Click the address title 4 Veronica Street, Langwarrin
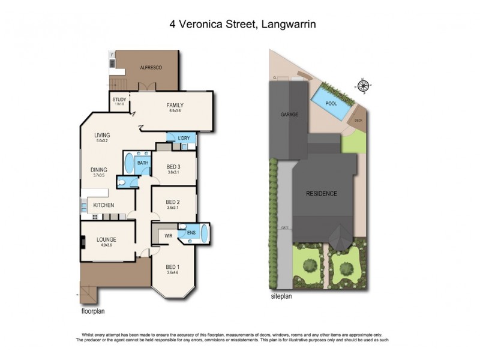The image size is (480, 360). (x=240, y=25)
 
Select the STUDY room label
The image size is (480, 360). (x=119, y=100)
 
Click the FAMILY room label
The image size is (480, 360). (x=175, y=106)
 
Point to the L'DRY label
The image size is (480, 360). (x=184, y=139)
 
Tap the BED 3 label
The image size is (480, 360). (x=173, y=167)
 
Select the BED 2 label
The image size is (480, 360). (x=173, y=202)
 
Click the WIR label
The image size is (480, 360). (x=169, y=236)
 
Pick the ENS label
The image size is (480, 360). (x=191, y=232)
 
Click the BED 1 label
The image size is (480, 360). (x=172, y=267)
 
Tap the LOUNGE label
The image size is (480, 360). (x=106, y=239)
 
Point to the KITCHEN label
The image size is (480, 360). (x=104, y=206)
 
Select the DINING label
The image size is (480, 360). (x=99, y=170)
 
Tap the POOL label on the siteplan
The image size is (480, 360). (x=331, y=103)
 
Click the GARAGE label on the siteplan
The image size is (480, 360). (x=289, y=114)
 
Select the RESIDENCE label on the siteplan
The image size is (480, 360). (x=322, y=194)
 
